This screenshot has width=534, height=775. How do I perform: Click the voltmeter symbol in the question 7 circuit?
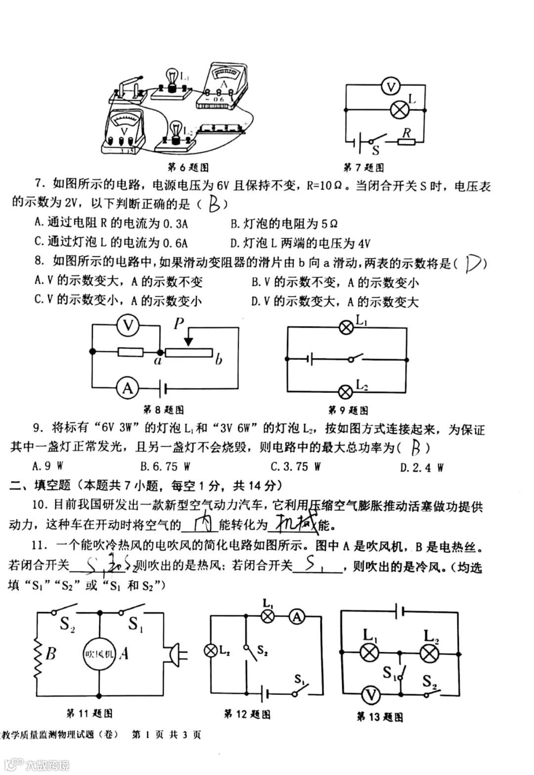392,87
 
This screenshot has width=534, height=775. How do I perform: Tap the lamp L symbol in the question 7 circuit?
399,109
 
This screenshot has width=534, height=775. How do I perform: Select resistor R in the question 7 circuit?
406,142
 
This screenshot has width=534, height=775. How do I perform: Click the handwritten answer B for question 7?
215,203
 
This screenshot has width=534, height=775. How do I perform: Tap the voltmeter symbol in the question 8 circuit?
129,325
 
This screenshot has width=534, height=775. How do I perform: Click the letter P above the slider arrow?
179,323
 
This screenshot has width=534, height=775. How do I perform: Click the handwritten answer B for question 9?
416,448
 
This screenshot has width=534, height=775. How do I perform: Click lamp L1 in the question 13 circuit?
368,653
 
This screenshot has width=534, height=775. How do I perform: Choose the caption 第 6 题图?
188,167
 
